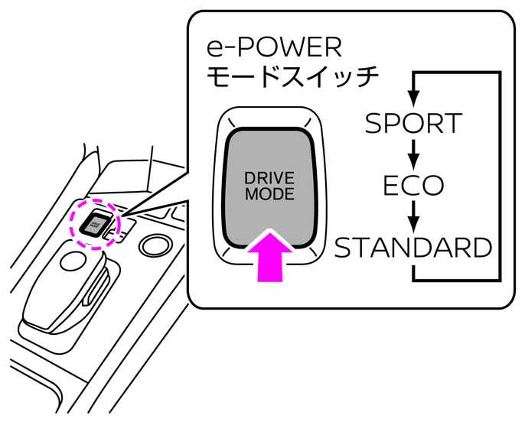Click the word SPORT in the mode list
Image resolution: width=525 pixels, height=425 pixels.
point(413,123)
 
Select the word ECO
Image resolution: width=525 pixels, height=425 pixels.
point(414,185)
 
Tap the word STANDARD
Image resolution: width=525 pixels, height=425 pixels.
point(413,248)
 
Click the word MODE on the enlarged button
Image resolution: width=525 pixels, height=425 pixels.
point(269,194)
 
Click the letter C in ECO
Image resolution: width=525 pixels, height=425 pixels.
point(414,185)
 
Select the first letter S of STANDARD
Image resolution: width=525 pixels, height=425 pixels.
point(346,248)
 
